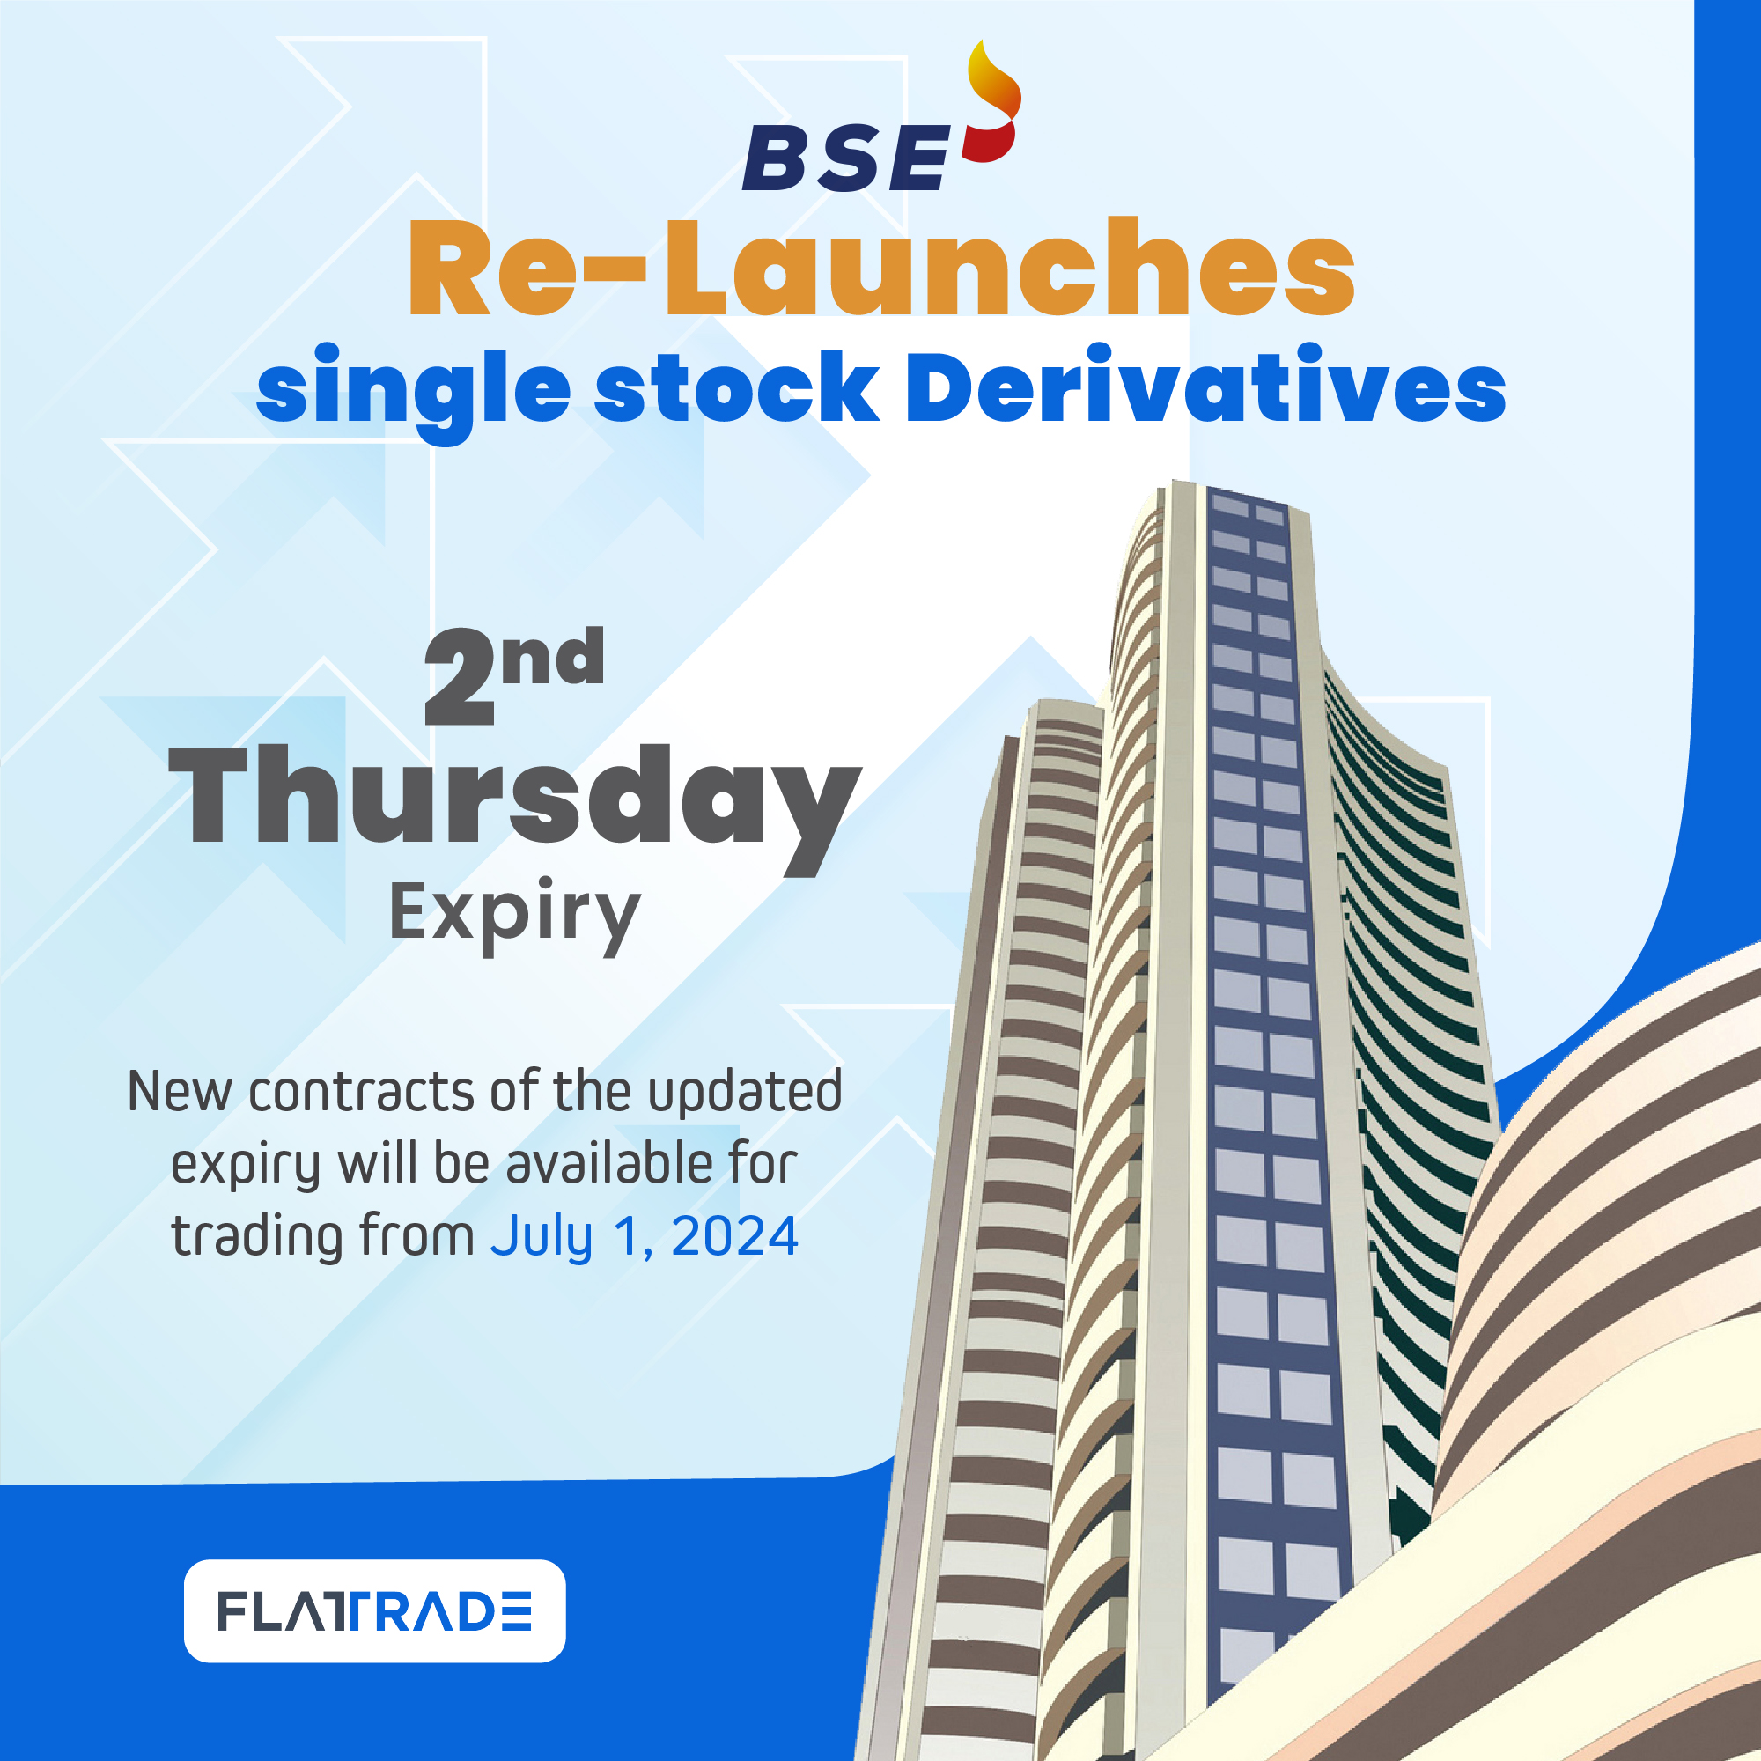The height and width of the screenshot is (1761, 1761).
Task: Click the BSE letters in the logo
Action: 847,158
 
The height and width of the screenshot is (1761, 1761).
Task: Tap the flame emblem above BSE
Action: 992,101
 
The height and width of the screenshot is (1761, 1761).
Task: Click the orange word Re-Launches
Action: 881,268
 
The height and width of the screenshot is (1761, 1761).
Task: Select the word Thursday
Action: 515,808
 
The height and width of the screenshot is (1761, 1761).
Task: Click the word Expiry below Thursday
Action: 515,914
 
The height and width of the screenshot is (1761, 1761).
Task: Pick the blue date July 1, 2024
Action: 645,1239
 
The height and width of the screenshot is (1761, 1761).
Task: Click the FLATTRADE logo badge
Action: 374,1610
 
